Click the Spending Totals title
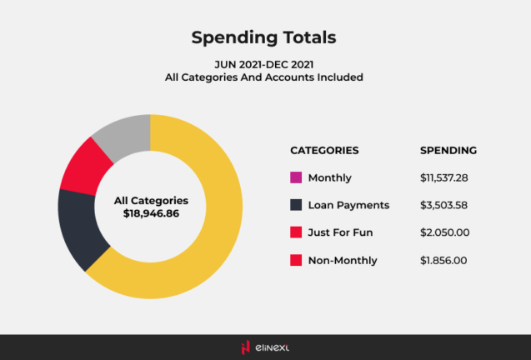pyautogui.click(x=265, y=37)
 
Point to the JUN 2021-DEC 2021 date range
pyautogui.click(x=265, y=62)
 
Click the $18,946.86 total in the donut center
pyautogui.click(x=151, y=214)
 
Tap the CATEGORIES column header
pyautogui.click(x=324, y=151)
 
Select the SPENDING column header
pyautogui.click(x=448, y=151)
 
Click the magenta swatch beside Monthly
pyautogui.click(x=295, y=177)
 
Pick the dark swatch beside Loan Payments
pyautogui.click(x=295, y=205)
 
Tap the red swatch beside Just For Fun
pyautogui.click(x=295, y=232)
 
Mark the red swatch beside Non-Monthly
pyautogui.click(x=295, y=260)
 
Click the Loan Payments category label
pyautogui.click(x=348, y=205)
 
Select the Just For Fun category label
pyautogui.click(x=343, y=232)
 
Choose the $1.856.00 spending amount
pyautogui.click(x=444, y=260)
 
